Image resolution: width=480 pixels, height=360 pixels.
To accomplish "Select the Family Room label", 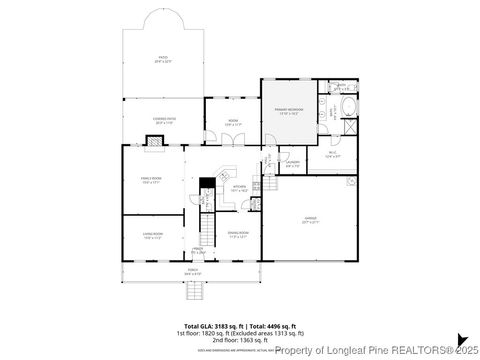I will click(151, 180).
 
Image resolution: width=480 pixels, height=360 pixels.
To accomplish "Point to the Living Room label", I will click(152, 236).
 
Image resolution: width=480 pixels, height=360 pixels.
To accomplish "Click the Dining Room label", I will click(237, 236).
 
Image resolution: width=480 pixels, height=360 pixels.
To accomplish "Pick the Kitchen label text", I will click(240, 187).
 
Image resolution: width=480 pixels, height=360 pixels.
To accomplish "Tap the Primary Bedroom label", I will click(289, 113).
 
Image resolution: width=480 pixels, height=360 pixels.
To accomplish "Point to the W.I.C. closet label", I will click(333, 155).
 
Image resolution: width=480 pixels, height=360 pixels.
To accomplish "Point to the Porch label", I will click(192, 271).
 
